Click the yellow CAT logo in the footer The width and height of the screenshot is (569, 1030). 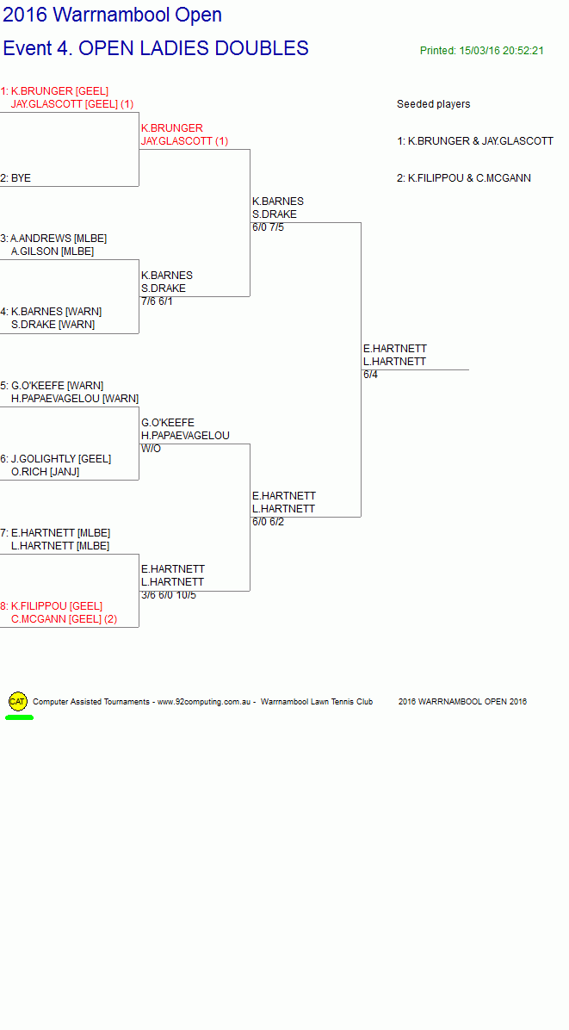(18, 702)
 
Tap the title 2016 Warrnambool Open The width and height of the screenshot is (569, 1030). (112, 15)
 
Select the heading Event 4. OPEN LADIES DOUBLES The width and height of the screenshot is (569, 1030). (156, 48)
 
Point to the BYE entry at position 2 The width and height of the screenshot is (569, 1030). (15, 178)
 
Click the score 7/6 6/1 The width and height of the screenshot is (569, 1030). (157, 301)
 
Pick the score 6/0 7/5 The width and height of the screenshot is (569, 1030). (268, 227)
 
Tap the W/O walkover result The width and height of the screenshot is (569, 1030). (151, 449)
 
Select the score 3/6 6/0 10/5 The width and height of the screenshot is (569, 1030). (169, 595)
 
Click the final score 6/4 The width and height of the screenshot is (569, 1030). (370, 375)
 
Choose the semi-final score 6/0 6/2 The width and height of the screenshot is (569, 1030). (268, 522)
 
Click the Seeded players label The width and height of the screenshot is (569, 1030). (433, 104)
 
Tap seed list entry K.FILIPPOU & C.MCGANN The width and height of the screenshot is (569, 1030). (464, 178)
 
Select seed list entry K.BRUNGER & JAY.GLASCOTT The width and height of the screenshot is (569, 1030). (475, 141)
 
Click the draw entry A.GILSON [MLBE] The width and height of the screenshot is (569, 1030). (53, 251)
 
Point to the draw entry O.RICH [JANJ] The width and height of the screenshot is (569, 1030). (46, 472)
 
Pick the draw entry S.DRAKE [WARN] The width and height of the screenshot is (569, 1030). (53, 325)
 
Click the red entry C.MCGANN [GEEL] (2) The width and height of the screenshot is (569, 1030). (65, 619)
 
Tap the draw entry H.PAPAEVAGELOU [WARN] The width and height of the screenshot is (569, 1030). (75, 399)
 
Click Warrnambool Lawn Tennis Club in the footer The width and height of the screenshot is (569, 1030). (316, 702)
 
